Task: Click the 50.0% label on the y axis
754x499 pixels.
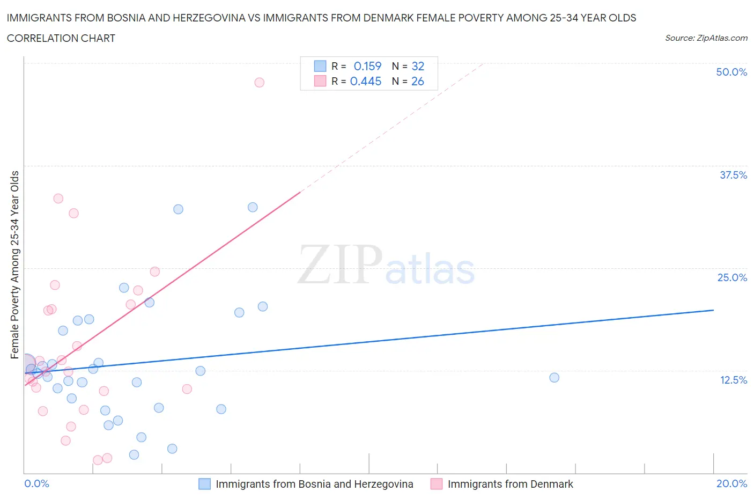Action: pos(731,72)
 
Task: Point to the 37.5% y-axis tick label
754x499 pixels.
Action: pos(733,175)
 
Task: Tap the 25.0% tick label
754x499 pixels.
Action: pos(732,277)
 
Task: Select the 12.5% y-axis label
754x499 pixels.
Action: pos(733,380)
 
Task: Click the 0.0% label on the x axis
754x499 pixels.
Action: pos(36,483)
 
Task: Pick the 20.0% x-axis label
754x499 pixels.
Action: pos(731,483)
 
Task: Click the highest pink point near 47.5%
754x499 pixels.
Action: pos(259,82)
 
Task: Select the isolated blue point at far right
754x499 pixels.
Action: pos(554,378)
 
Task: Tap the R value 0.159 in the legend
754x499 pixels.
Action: pos(367,66)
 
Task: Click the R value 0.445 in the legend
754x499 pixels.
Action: pos(366,81)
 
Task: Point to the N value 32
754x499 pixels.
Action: pos(418,66)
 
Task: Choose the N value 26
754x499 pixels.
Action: pos(418,81)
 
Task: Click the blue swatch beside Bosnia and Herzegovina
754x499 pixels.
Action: pos(204,484)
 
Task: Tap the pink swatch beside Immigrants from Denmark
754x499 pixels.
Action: pos(437,484)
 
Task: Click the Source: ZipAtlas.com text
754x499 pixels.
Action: pos(706,38)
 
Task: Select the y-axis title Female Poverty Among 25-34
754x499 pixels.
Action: pos(15,265)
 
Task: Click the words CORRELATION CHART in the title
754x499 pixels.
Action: pos(61,38)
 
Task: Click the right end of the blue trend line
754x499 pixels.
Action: pos(713,310)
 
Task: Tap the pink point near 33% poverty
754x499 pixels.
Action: pos(58,199)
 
